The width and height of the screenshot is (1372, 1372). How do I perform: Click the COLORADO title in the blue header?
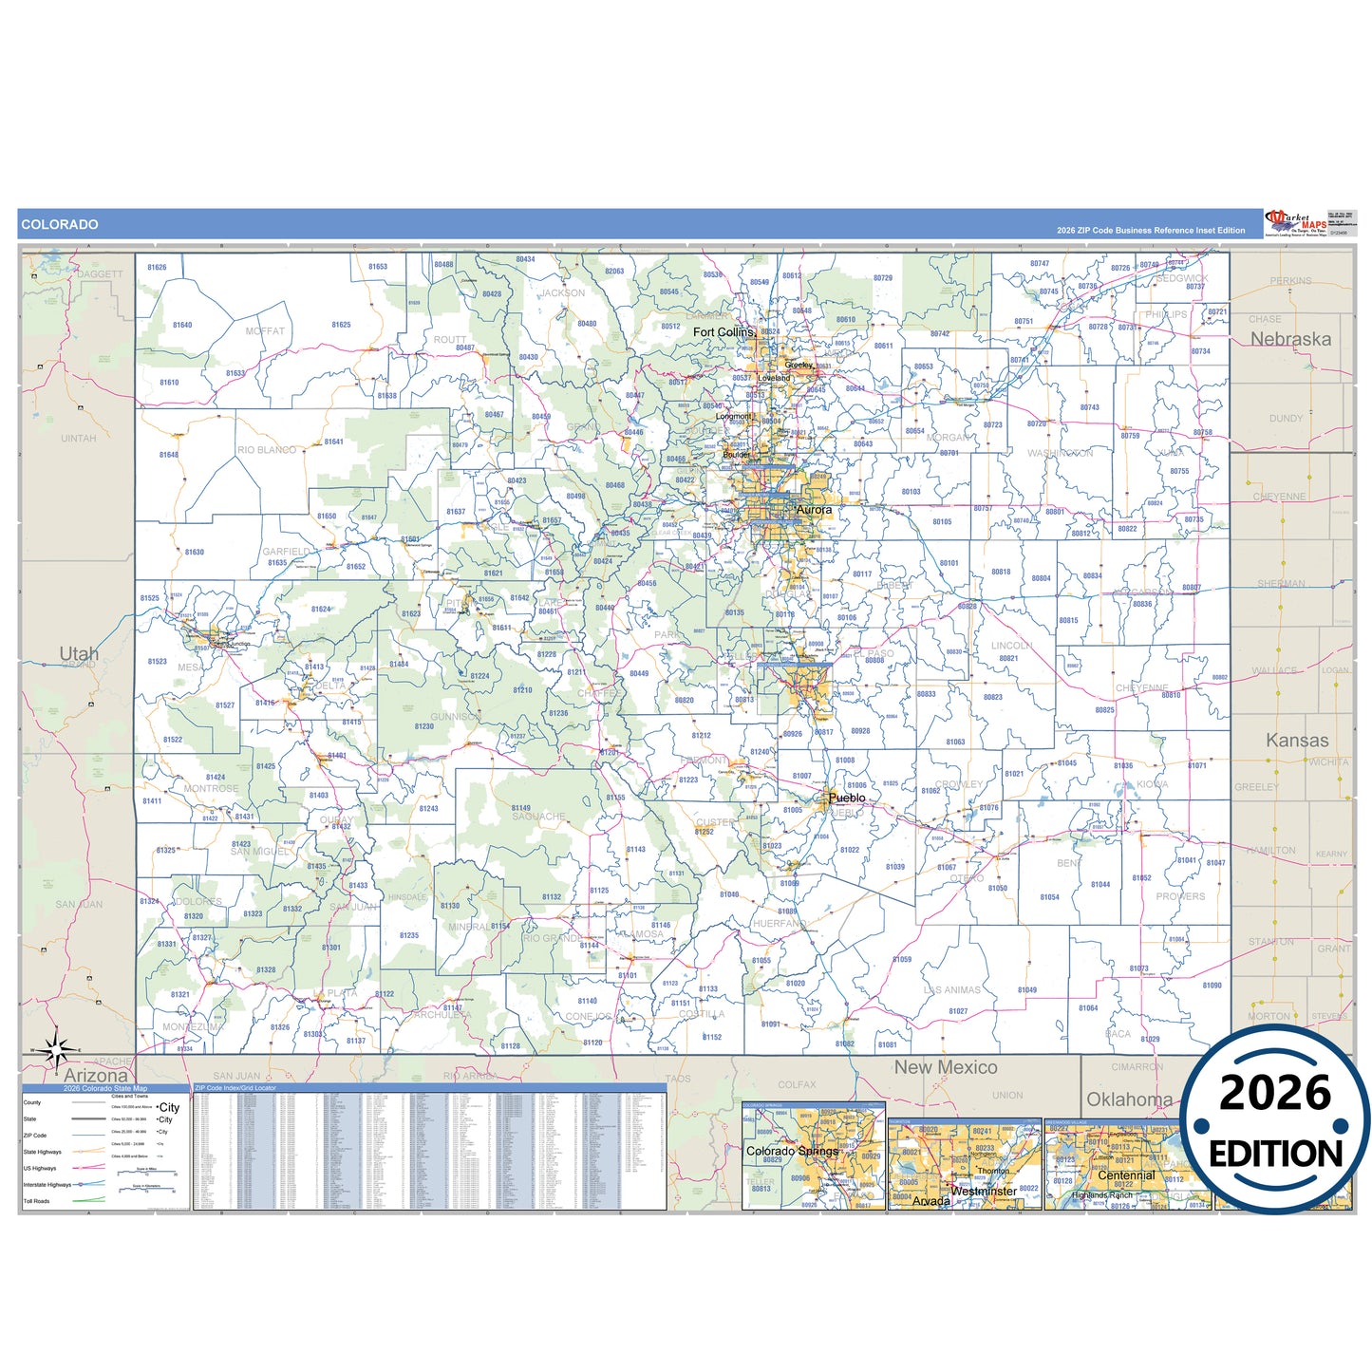(x=60, y=225)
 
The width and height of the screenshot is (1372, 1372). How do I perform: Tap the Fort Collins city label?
(x=724, y=332)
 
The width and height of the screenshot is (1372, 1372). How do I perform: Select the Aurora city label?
(x=814, y=510)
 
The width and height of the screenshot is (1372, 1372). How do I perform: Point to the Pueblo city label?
(x=847, y=798)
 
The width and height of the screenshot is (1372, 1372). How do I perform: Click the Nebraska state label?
(x=1290, y=339)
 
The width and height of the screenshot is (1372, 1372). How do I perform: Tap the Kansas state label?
(x=1297, y=741)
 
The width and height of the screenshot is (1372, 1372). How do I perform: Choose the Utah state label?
(x=79, y=653)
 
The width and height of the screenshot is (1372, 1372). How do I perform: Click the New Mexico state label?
(x=946, y=1067)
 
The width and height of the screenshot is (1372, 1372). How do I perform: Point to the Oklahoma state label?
(x=1129, y=1099)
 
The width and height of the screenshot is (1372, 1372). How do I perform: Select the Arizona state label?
(x=96, y=1076)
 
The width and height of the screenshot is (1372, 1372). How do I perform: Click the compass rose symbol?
(x=56, y=1049)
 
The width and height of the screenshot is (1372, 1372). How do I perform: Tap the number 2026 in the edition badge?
(x=1275, y=1093)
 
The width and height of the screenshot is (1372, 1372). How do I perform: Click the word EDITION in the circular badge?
(x=1275, y=1154)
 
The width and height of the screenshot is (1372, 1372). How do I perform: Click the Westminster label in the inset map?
(x=984, y=1191)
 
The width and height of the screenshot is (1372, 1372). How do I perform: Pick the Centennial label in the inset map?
(x=1126, y=1175)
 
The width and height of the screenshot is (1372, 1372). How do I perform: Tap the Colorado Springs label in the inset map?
(x=792, y=1151)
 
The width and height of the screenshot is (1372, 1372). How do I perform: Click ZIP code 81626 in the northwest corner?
(x=157, y=268)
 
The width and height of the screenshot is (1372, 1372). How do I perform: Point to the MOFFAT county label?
(x=265, y=331)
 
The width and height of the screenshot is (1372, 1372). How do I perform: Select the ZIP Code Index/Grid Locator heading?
(x=235, y=1088)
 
